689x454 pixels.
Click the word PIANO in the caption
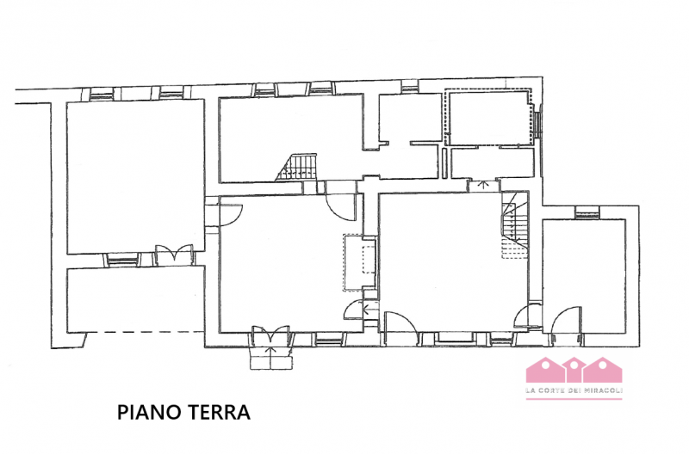147,414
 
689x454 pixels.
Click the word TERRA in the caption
215,414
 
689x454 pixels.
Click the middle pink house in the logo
574,371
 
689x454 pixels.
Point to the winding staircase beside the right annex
515,225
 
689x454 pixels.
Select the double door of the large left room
167,255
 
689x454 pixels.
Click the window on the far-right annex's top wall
587,212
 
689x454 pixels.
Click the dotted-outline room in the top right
487,120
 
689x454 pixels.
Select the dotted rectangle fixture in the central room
359,263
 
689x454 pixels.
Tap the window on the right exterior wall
538,122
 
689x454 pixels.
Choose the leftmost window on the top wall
102,92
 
